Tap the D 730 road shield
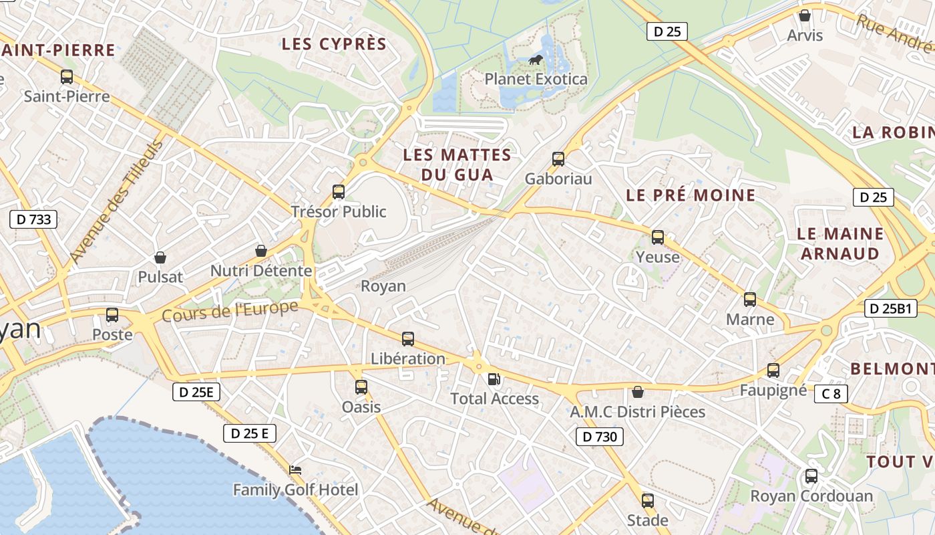point(599,437)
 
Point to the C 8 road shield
point(831,394)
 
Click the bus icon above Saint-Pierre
point(67,76)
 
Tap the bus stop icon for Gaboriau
point(558,159)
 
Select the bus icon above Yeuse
point(658,237)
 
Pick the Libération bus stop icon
point(408,339)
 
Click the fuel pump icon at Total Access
point(494,379)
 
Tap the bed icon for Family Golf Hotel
point(295,470)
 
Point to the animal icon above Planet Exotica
point(536,60)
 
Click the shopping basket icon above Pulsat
point(160,257)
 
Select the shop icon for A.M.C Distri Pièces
point(638,392)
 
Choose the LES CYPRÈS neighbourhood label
point(334,44)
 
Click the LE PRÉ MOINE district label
point(691,195)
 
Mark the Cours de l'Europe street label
point(230,312)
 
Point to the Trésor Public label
point(339,212)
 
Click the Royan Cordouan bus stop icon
point(811,476)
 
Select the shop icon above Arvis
point(805,15)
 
